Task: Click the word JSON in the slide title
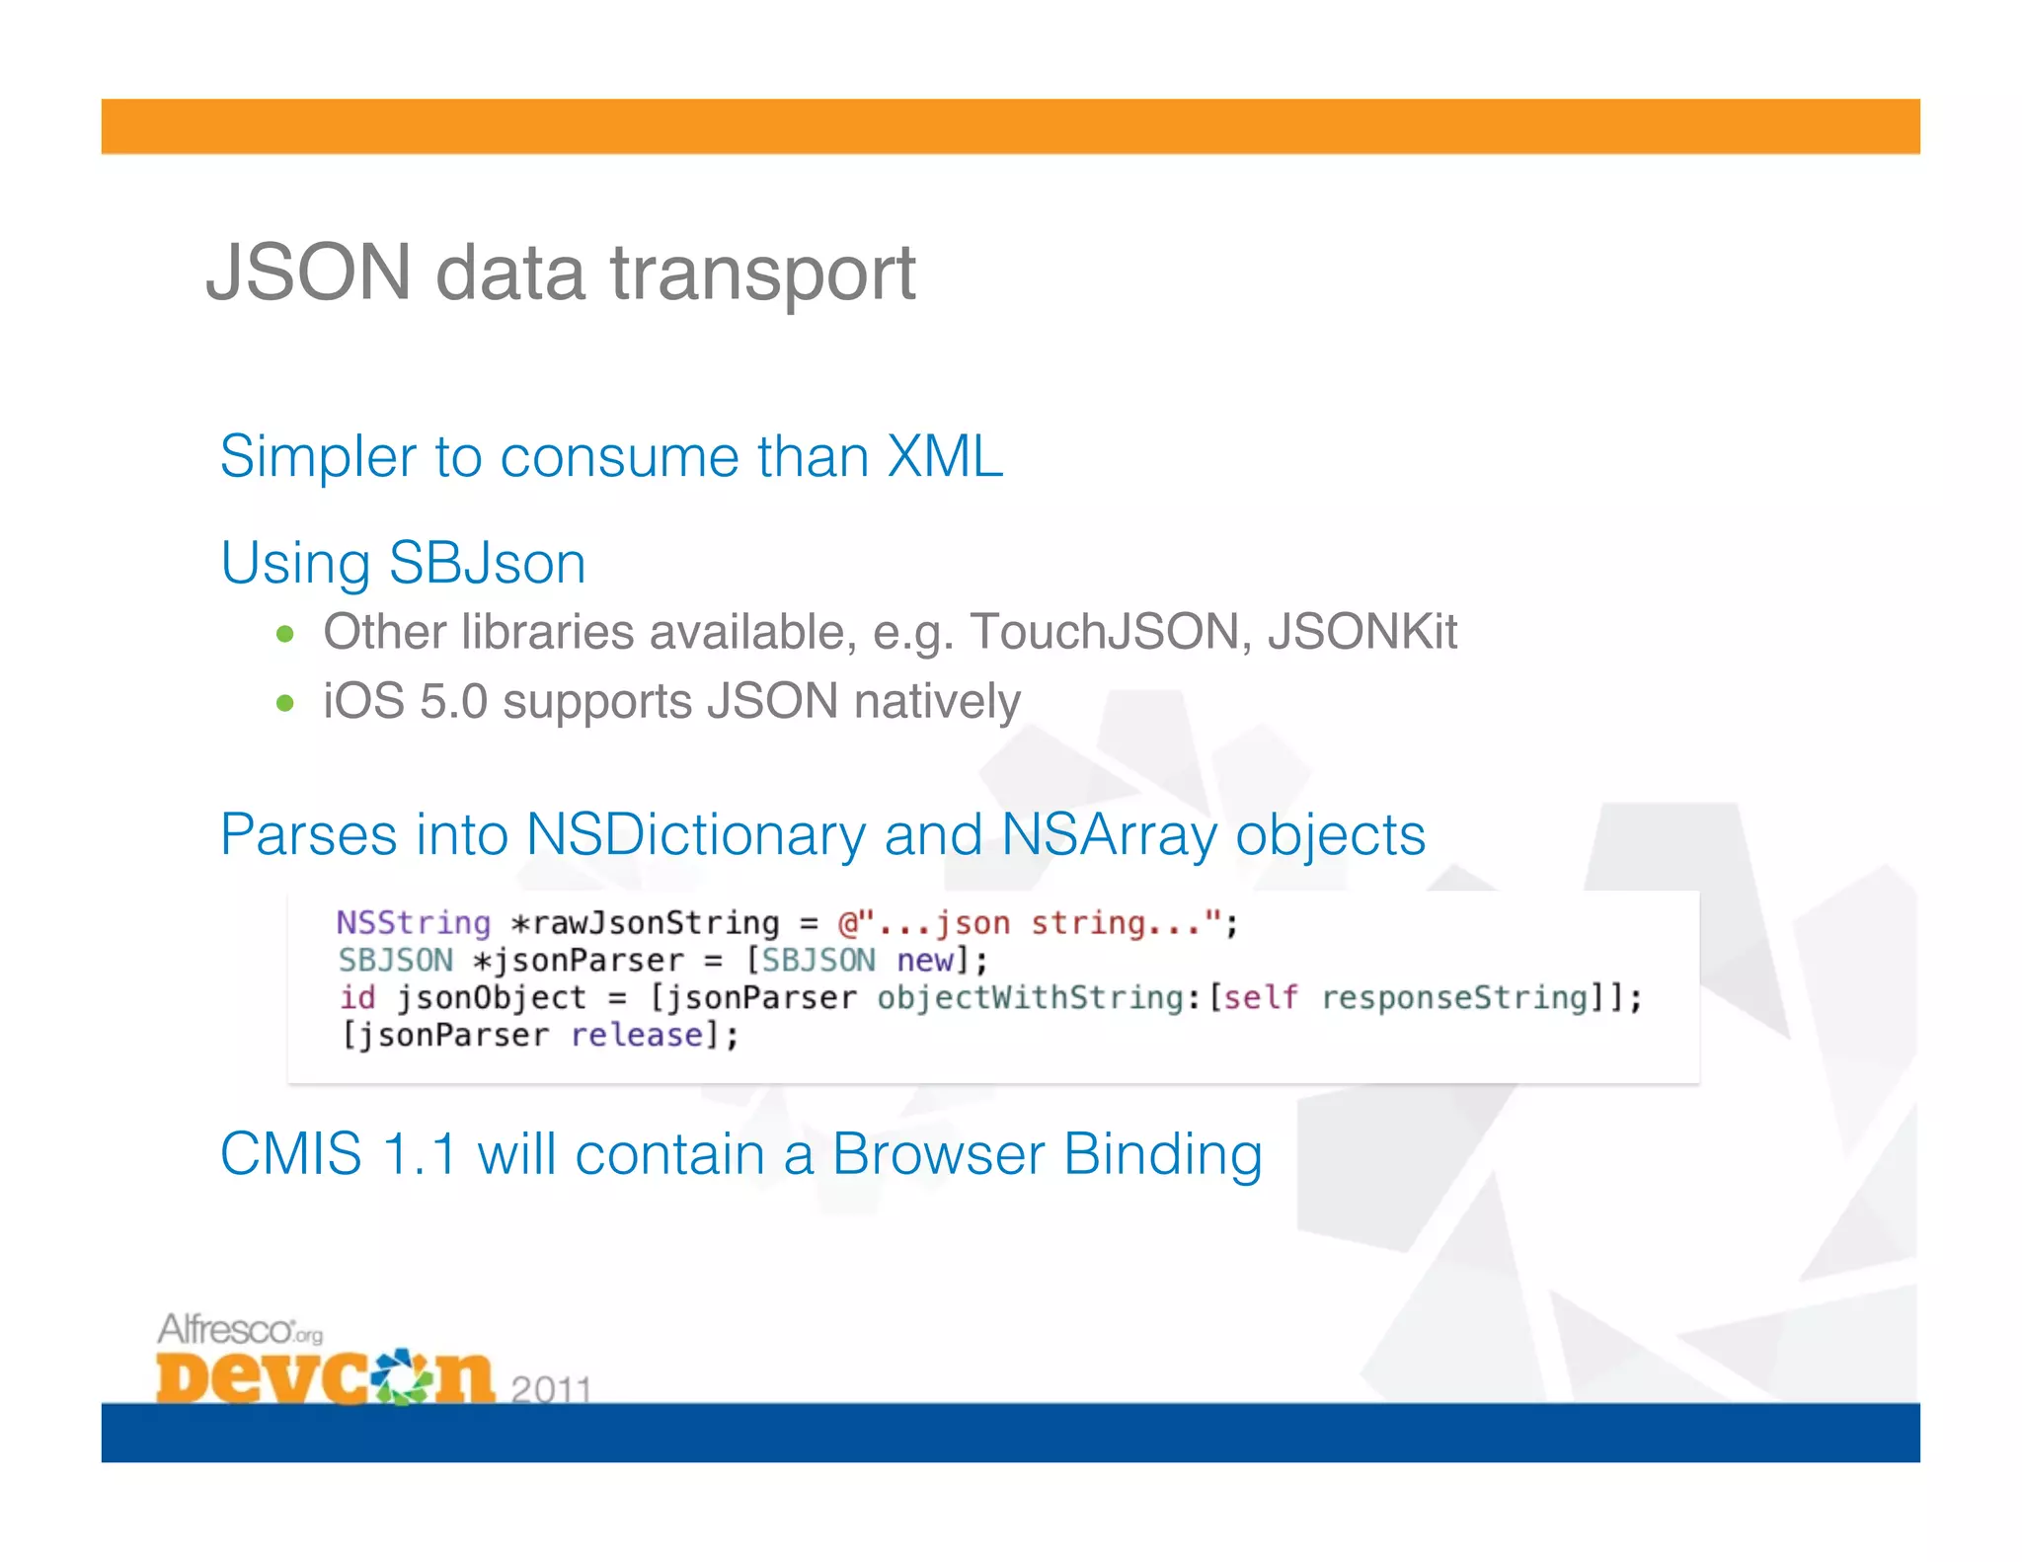click(308, 273)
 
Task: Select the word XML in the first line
click(945, 456)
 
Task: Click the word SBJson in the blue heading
click(487, 563)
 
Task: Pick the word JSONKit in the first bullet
click(1362, 632)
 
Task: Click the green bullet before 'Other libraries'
click(285, 634)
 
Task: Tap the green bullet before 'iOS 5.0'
click(285, 703)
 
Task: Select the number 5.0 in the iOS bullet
click(454, 701)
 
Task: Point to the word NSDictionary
click(695, 834)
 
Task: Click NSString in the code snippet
click(414, 923)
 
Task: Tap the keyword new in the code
click(924, 961)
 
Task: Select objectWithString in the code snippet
click(1030, 998)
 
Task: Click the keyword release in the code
click(637, 1036)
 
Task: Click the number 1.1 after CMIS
click(420, 1153)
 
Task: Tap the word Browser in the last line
click(938, 1153)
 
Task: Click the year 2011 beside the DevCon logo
click(551, 1388)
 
